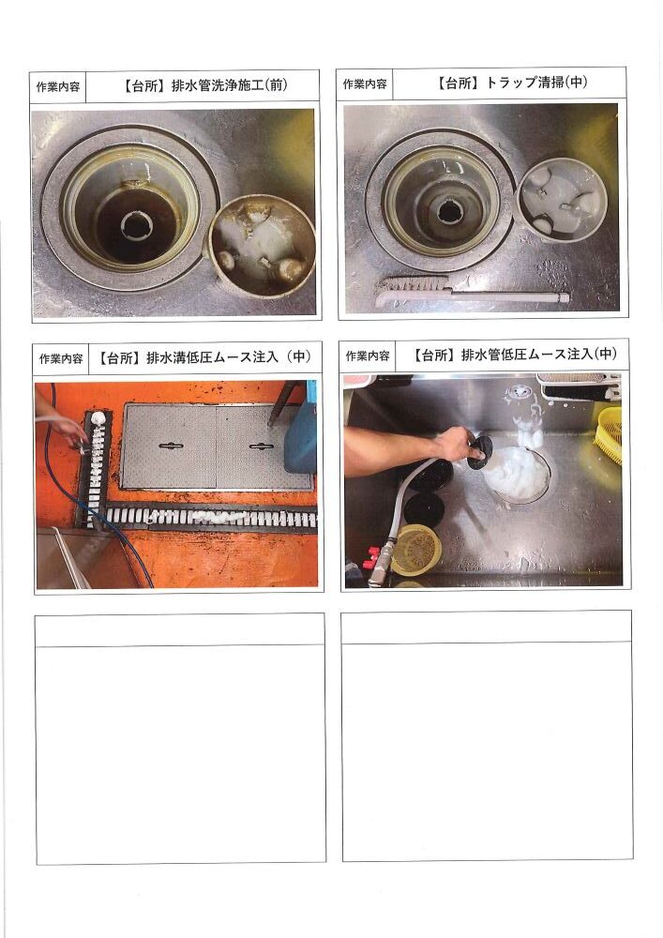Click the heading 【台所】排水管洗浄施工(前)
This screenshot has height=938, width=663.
click(204, 85)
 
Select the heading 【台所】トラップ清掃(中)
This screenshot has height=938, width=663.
click(512, 83)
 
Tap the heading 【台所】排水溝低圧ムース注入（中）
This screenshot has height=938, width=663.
click(204, 357)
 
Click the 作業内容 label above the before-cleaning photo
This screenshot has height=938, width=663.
click(58, 86)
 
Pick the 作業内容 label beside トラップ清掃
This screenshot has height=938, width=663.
click(365, 84)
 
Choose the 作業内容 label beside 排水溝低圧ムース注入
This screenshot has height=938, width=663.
click(61, 359)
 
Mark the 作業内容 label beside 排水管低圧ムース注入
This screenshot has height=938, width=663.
click(368, 356)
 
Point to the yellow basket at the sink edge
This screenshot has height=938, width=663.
click(608, 434)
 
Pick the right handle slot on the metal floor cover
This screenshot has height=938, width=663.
click(262, 446)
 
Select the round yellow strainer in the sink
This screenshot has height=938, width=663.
click(416, 550)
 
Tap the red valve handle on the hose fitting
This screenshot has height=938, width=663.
click(372, 556)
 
